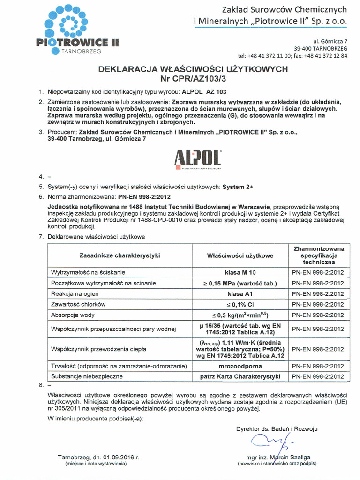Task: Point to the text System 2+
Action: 238,187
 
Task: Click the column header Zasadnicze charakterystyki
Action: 120,255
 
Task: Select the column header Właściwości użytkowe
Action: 240,255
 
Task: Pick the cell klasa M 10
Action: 240,272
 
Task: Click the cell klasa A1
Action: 240,294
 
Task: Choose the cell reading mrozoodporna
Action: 240,366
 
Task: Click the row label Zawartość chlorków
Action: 78,304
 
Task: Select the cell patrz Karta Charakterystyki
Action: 240,376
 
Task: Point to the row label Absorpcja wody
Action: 73,315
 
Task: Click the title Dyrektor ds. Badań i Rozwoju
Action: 277,428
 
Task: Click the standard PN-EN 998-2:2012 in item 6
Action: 144,197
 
